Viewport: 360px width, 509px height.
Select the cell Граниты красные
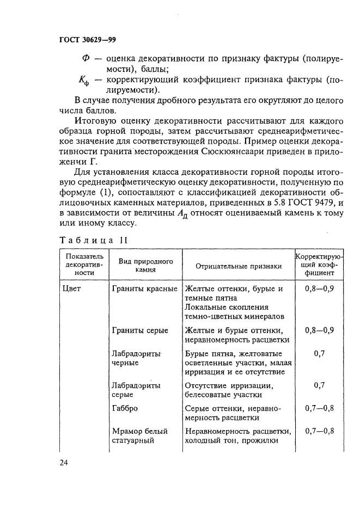[144, 289]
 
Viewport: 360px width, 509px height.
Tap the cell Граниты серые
[139, 330]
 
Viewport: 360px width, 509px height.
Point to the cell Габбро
[124, 408]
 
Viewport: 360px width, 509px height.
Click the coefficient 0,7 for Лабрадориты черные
[320, 353]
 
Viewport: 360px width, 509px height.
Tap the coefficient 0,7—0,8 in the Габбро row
[320, 408]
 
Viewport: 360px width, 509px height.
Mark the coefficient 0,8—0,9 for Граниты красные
[320, 289]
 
